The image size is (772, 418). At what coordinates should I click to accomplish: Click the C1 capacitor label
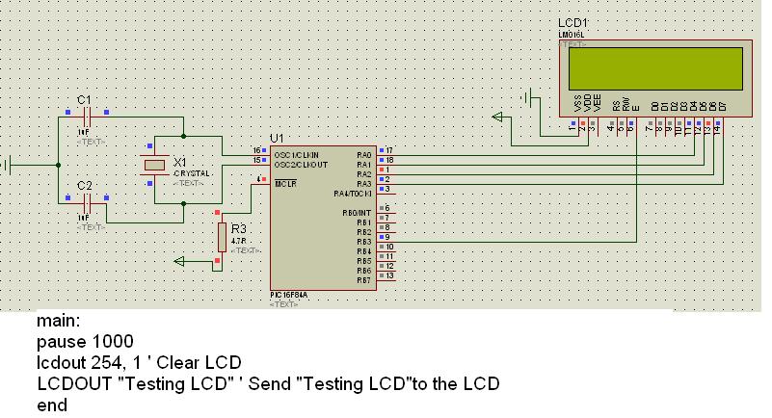(84, 99)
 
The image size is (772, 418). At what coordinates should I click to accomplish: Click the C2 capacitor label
(84, 185)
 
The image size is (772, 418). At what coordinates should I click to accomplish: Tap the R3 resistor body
(222, 235)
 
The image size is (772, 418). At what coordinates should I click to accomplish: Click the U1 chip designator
(278, 138)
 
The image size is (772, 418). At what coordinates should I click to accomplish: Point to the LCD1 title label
(572, 22)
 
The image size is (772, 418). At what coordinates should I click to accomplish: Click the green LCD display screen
(655, 66)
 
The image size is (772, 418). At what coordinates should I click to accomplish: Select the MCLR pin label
(285, 182)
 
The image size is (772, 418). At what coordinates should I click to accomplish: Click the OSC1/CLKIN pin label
(295, 153)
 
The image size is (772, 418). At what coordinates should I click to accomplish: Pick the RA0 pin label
(363, 153)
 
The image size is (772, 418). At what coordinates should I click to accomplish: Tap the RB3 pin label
(363, 241)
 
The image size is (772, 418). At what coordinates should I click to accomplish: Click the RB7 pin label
(363, 279)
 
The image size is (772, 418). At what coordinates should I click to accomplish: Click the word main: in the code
(58, 321)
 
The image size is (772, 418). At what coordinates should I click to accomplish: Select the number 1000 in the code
(113, 342)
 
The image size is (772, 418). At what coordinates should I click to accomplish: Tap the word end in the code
(52, 405)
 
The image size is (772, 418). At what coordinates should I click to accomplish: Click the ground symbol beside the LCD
(527, 97)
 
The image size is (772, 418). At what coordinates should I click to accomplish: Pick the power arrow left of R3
(179, 260)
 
